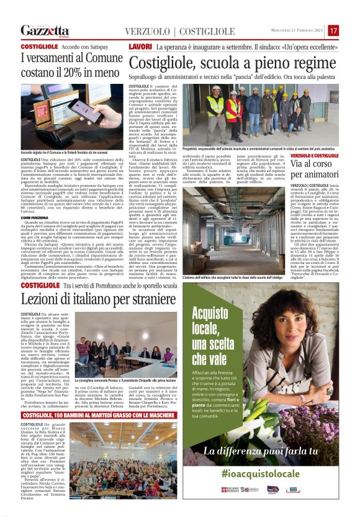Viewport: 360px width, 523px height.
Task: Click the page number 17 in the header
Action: pyautogui.click(x=334, y=30)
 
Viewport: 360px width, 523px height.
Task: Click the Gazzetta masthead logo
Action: pyautogui.click(x=45, y=30)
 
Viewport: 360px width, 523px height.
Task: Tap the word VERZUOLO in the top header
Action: pyautogui.click(x=146, y=31)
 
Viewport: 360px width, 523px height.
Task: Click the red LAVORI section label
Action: pyautogui.click(x=140, y=47)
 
